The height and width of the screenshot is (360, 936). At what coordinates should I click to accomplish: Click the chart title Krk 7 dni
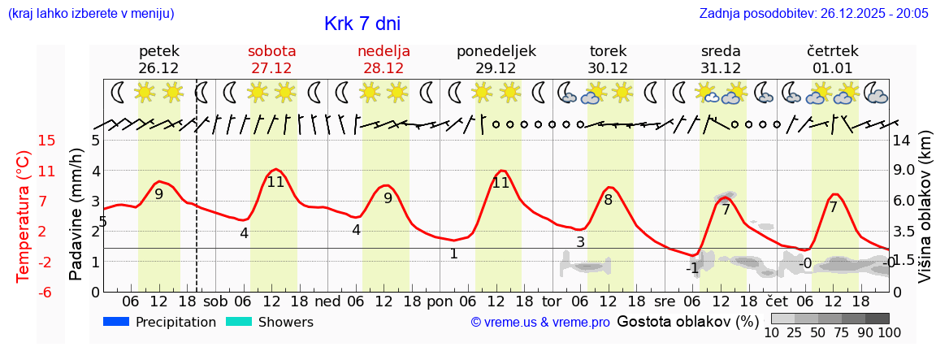[362, 24]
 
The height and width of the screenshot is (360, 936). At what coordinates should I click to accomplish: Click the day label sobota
[271, 51]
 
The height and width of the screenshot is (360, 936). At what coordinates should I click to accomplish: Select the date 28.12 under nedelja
[383, 68]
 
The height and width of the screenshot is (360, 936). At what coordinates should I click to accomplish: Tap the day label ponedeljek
[496, 51]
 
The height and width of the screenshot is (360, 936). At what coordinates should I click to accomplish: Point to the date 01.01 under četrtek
[832, 68]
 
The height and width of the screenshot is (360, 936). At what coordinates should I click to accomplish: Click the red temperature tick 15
[47, 141]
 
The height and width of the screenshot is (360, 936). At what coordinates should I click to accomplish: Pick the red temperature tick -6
[47, 292]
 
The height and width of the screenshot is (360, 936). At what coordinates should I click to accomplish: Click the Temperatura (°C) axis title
[24, 216]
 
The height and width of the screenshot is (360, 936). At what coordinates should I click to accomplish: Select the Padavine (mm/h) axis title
[76, 214]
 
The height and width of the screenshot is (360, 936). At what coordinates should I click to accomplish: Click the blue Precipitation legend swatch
[116, 322]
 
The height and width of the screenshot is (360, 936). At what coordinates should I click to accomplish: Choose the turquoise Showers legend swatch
[239, 322]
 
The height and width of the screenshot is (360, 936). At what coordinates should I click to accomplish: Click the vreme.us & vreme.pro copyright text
[540, 323]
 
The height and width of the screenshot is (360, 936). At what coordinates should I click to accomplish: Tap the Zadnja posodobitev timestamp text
[813, 14]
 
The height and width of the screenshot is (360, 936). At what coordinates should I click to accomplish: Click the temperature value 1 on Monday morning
[453, 254]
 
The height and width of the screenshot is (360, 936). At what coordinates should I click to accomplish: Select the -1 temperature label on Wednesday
[691, 268]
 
